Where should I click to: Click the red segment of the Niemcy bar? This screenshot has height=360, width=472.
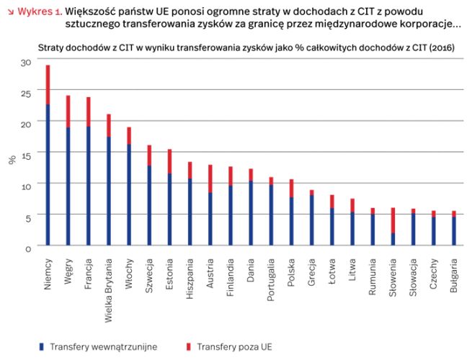(x=48, y=85)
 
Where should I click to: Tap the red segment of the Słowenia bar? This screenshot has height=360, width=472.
(x=393, y=220)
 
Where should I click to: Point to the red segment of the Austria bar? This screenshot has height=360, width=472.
(x=210, y=179)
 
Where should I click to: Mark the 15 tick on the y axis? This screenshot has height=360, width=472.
(x=27, y=154)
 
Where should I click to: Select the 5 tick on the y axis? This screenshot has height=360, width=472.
(x=29, y=216)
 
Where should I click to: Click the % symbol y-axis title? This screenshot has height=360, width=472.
(x=12, y=160)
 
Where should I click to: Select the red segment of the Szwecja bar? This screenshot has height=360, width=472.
(x=149, y=156)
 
